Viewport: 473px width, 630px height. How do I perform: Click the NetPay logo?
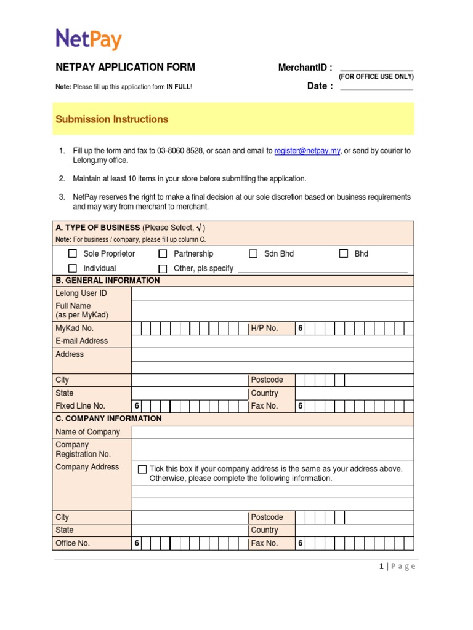[89, 39]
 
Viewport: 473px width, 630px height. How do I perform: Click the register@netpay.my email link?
[307, 151]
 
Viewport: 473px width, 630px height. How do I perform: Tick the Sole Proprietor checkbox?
[73, 253]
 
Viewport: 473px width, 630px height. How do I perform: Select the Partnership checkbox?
[163, 253]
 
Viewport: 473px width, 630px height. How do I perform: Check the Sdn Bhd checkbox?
[253, 253]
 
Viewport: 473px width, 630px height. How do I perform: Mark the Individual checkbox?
[73, 268]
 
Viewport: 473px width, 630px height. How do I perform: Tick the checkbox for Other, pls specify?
[163, 268]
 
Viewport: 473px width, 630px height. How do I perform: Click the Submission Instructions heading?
[111, 119]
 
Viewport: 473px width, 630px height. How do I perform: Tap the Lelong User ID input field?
[272, 293]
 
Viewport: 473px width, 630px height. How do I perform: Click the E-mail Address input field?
[272, 341]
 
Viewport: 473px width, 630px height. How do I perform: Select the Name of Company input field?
[272, 432]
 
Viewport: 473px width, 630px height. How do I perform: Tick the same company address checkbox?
[142, 469]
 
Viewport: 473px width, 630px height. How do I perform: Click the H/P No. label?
[264, 329]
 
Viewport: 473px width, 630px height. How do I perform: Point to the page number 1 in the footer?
[382, 567]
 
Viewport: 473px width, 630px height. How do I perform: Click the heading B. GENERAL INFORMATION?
[108, 281]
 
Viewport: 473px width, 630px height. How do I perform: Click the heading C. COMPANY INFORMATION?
[108, 418]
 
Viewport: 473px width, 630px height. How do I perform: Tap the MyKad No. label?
[75, 329]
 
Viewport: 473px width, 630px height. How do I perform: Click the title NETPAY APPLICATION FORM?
[125, 67]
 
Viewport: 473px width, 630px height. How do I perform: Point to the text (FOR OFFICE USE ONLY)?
[376, 77]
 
